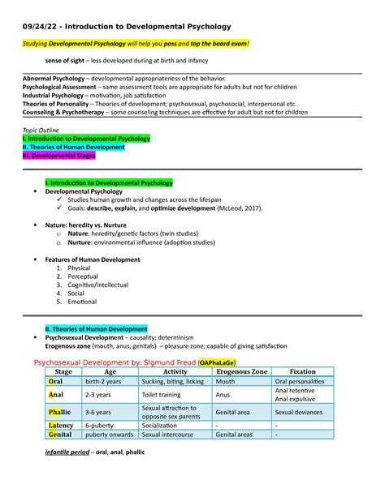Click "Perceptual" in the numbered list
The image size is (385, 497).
tap(84, 276)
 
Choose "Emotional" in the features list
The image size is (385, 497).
tap(83, 302)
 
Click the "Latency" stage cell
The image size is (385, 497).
tap(61, 424)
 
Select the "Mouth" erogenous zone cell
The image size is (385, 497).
tap(225, 381)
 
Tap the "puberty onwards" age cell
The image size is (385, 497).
tap(108, 435)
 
